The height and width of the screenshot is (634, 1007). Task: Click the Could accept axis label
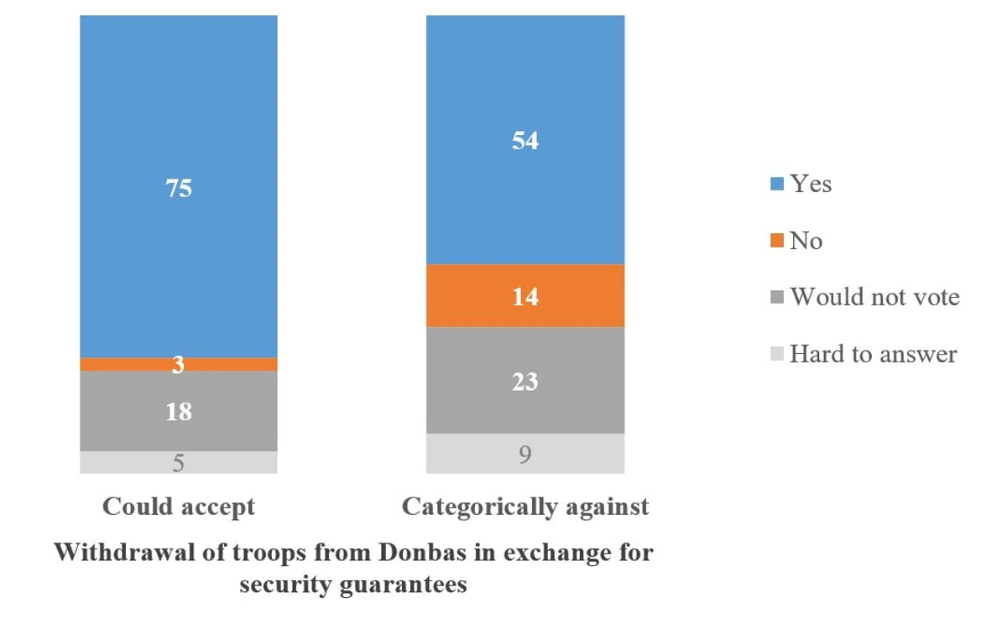click(178, 507)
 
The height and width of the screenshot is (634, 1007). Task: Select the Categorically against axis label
click(525, 507)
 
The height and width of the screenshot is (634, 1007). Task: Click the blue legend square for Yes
click(775, 184)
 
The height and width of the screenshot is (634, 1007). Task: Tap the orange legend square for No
click(775, 242)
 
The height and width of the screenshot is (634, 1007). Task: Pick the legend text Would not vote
click(874, 297)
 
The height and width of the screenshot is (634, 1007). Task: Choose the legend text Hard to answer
click(873, 354)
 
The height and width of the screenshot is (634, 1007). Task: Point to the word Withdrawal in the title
click(118, 554)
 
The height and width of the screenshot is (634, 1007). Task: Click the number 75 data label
click(178, 189)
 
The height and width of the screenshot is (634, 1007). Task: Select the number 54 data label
click(525, 141)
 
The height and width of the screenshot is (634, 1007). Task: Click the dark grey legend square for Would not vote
click(775, 298)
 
